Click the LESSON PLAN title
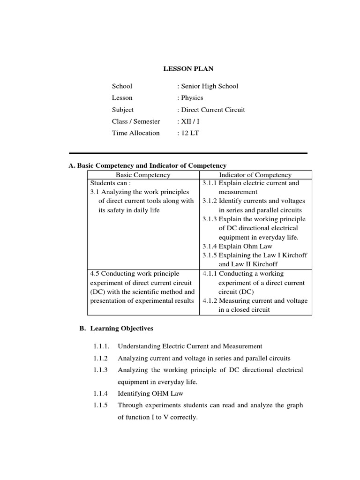coord(188,69)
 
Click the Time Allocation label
coord(135,133)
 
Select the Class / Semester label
coord(135,121)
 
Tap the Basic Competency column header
coord(143,175)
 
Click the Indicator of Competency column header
coord(255,175)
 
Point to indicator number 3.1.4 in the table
coord(210,246)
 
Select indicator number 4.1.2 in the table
coord(210,301)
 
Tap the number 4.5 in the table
coord(95,274)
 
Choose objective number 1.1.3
coord(100,370)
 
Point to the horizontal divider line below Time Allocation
coord(188,153)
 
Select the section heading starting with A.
coord(147,165)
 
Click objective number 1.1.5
coord(100,405)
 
